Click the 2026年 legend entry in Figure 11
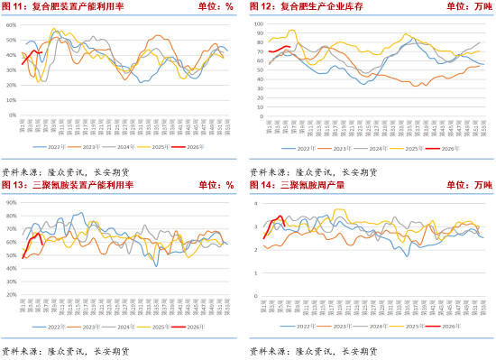coord(206,146)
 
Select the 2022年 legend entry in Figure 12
coord(307,146)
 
